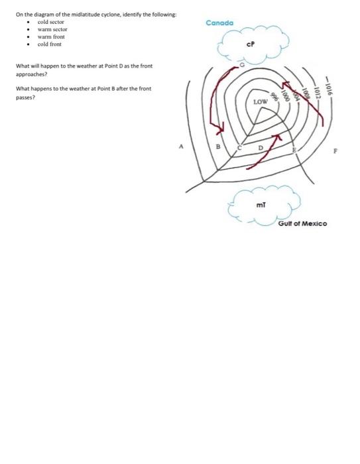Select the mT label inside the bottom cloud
[261, 205]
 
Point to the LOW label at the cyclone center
[261, 103]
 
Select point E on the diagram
[295, 152]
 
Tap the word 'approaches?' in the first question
[30, 75]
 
